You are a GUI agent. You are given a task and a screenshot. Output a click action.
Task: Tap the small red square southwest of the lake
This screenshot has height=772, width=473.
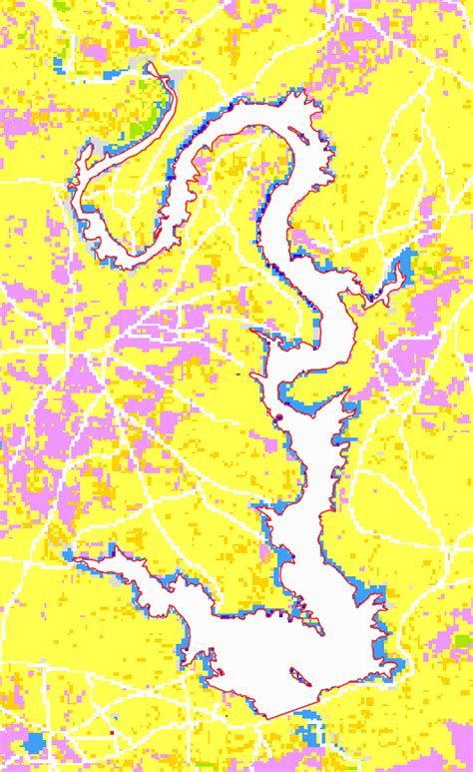coord(112,732)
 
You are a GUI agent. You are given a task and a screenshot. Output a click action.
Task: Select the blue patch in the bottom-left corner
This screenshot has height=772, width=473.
coord(37,744)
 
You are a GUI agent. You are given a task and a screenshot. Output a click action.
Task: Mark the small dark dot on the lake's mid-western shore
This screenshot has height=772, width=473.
coord(281,416)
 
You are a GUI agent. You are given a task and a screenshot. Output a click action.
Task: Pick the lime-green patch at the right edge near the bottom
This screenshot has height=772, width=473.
coord(462,640)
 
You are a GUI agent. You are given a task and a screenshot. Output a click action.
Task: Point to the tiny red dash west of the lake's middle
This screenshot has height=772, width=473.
coord(239,376)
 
